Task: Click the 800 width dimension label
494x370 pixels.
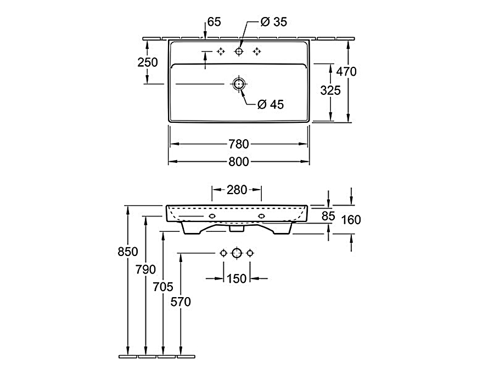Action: [x=239, y=161]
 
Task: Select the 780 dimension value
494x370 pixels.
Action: [x=239, y=144]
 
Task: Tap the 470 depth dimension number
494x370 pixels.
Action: [x=346, y=71]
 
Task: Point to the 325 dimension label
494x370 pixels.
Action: [x=330, y=90]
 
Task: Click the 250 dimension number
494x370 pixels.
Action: [x=147, y=62]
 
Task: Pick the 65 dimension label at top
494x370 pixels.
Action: [x=214, y=22]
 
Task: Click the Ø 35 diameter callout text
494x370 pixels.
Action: [x=274, y=22]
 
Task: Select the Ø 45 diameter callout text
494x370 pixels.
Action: [x=270, y=104]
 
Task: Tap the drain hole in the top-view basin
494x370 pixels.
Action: [x=239, y=84]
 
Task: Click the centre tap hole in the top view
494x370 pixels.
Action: [x=239, y=51]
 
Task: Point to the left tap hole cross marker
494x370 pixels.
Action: [x=221, y=51]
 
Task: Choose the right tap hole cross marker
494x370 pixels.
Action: [x=256, y=51]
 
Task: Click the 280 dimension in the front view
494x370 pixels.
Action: [x=237, y=190]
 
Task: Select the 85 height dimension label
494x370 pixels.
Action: [x=328, y=217]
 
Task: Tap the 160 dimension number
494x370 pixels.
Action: [x=351, y=220]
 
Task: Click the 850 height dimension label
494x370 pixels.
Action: [x=128, y=252]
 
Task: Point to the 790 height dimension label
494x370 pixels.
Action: [x=145, y=269]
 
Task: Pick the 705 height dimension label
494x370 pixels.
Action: [x=164, y=286]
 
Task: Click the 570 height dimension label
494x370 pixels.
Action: [x=181, y=301]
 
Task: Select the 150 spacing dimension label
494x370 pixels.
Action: [x=237, y=278]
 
